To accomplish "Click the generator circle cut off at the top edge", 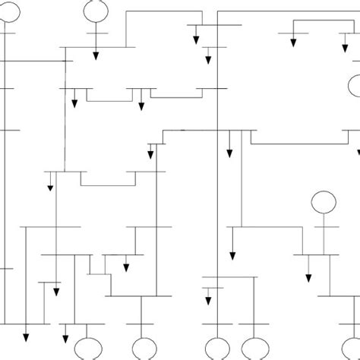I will pyautogui.click(x=96, y=10).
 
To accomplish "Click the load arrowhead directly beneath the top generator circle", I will pyautogui.click(x=96, y=55).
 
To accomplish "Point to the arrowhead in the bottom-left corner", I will pyautogui.click(x=27, y=338).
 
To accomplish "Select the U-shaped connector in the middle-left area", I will pyautogui.click(x=108, y=183).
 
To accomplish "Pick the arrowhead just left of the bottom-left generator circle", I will pyautogui.click(x=66, y=338).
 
